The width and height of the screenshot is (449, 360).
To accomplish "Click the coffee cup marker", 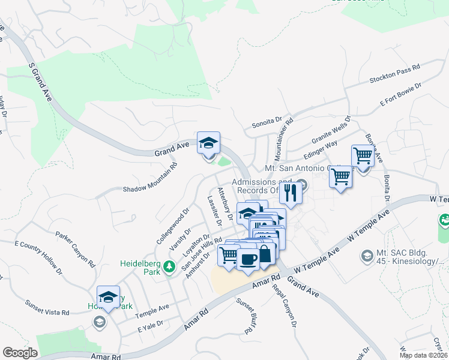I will click(247, 260).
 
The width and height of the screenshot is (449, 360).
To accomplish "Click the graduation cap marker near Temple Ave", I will click(108, 297).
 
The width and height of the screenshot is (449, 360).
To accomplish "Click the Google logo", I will click(20, 353).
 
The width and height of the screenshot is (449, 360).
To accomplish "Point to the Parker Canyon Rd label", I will click(76, 250).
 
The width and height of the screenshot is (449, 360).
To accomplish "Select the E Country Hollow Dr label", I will click(38, 257).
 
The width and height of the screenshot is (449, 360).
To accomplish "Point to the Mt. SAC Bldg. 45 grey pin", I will click(366, 256).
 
